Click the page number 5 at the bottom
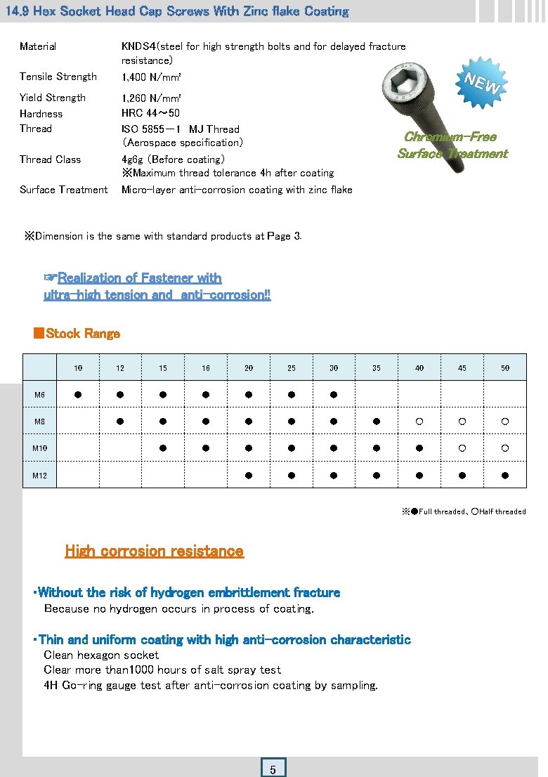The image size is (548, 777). pos(273,769)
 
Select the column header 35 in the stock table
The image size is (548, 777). pos(377,368)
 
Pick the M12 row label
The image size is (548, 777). pos(40,476)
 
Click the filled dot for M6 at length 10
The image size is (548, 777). pos(78,395)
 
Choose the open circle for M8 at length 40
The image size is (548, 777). pos(419,422)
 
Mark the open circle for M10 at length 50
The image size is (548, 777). pos(504,448)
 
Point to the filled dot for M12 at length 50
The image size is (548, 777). pos(504,476)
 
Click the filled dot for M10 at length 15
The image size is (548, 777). pos(163,448)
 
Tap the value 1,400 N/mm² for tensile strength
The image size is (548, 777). pos(152,77)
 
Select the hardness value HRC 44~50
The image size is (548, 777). pos(150,113)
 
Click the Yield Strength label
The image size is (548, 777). pos(53,98)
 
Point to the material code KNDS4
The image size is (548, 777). pos(138,46)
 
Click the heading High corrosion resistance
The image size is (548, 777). pos(154,551)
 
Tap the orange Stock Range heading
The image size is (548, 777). pos(83,334)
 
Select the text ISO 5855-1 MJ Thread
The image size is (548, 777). pos(181,129)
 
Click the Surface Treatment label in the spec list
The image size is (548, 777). pos(63,190)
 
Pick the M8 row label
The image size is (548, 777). pos(40,422)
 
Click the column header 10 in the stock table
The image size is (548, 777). pos(78,368)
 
